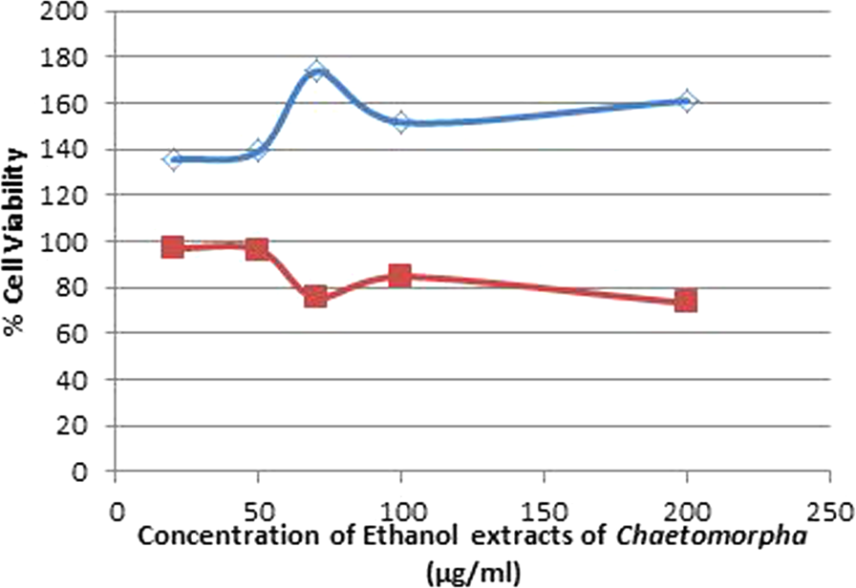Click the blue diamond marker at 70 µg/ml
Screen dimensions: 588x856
(x=317, y=73)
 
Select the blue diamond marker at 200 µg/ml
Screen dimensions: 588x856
(x=685, y=101)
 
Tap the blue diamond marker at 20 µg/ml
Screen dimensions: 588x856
(x=172, y=159)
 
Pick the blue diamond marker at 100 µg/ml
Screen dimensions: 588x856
(x=400, y=122)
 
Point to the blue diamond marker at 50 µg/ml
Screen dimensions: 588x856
(x=257, y=151)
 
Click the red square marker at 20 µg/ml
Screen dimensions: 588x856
(x=172, y=247)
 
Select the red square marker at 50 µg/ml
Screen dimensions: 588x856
(x=257, y=249)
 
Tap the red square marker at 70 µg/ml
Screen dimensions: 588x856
(x=316, y=296)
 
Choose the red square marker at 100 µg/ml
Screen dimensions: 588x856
(x=400, y=276)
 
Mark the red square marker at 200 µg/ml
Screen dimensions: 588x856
(x=685, y=301)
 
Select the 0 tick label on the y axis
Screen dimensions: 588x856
(x=85, y=472)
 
